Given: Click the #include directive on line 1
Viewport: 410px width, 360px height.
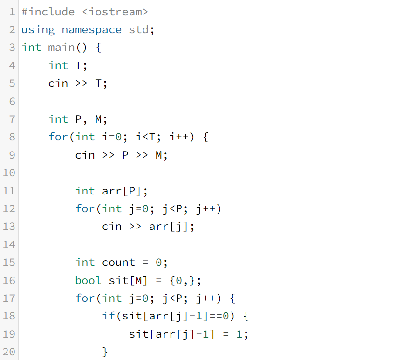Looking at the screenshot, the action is tap(48, 12).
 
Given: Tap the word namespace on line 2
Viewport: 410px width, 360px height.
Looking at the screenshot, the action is tap(92, 30).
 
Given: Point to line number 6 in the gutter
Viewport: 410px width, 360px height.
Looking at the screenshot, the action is tap(12, 101).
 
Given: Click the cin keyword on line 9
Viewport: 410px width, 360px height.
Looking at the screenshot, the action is tap(85, 155).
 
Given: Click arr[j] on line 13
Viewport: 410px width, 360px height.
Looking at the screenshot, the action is tap(169, 227).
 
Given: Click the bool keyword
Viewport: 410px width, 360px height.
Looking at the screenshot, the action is tap(89, 280).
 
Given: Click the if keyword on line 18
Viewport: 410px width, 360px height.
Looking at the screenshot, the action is tap(109, 316).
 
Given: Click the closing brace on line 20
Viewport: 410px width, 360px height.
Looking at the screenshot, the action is tap(105, 352).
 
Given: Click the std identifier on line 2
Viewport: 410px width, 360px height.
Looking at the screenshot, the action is tap(139, 30).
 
